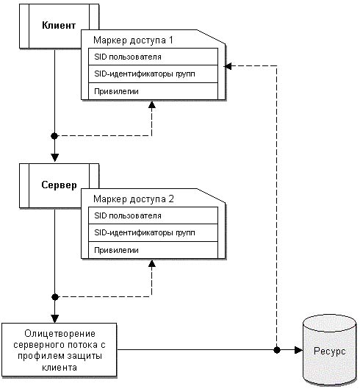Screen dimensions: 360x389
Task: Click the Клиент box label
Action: (x=59, y=25)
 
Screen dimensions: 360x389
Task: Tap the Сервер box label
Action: (x=59, y=185)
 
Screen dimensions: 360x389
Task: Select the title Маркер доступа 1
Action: (x=133, y=40)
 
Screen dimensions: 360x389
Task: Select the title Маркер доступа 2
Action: (x=134, y=199)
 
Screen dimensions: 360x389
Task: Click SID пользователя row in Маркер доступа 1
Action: (x=153, y=57)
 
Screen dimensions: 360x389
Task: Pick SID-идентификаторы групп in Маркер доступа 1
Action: (x=153, y=74)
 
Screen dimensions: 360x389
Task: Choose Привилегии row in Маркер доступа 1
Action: (x=153, y=91)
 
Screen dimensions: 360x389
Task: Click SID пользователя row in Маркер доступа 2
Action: (x=153, y=215)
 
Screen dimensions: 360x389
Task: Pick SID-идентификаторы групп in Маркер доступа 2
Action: (x=153, y=232)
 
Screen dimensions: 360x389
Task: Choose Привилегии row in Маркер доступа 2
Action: (x=153, y=250)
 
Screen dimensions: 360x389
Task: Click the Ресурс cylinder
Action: (x=329, y=350)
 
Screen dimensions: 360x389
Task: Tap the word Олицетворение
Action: (x=60, y=333)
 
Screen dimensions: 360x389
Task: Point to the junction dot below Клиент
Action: (x=54, y=136)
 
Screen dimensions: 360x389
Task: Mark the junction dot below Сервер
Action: (x=55, y=296)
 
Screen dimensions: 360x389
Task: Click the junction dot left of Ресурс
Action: (x=277, y=350)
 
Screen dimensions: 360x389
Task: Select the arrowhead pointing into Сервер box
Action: (x=55, y=158)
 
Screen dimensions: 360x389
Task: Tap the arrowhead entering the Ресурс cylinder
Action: (x=298, y=350)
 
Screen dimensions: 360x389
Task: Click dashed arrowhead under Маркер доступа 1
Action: (x=152, y=104)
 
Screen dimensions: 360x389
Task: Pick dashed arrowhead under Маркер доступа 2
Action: (x=152, y=263)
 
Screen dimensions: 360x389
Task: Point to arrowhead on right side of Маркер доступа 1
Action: (x=228, y=66)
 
